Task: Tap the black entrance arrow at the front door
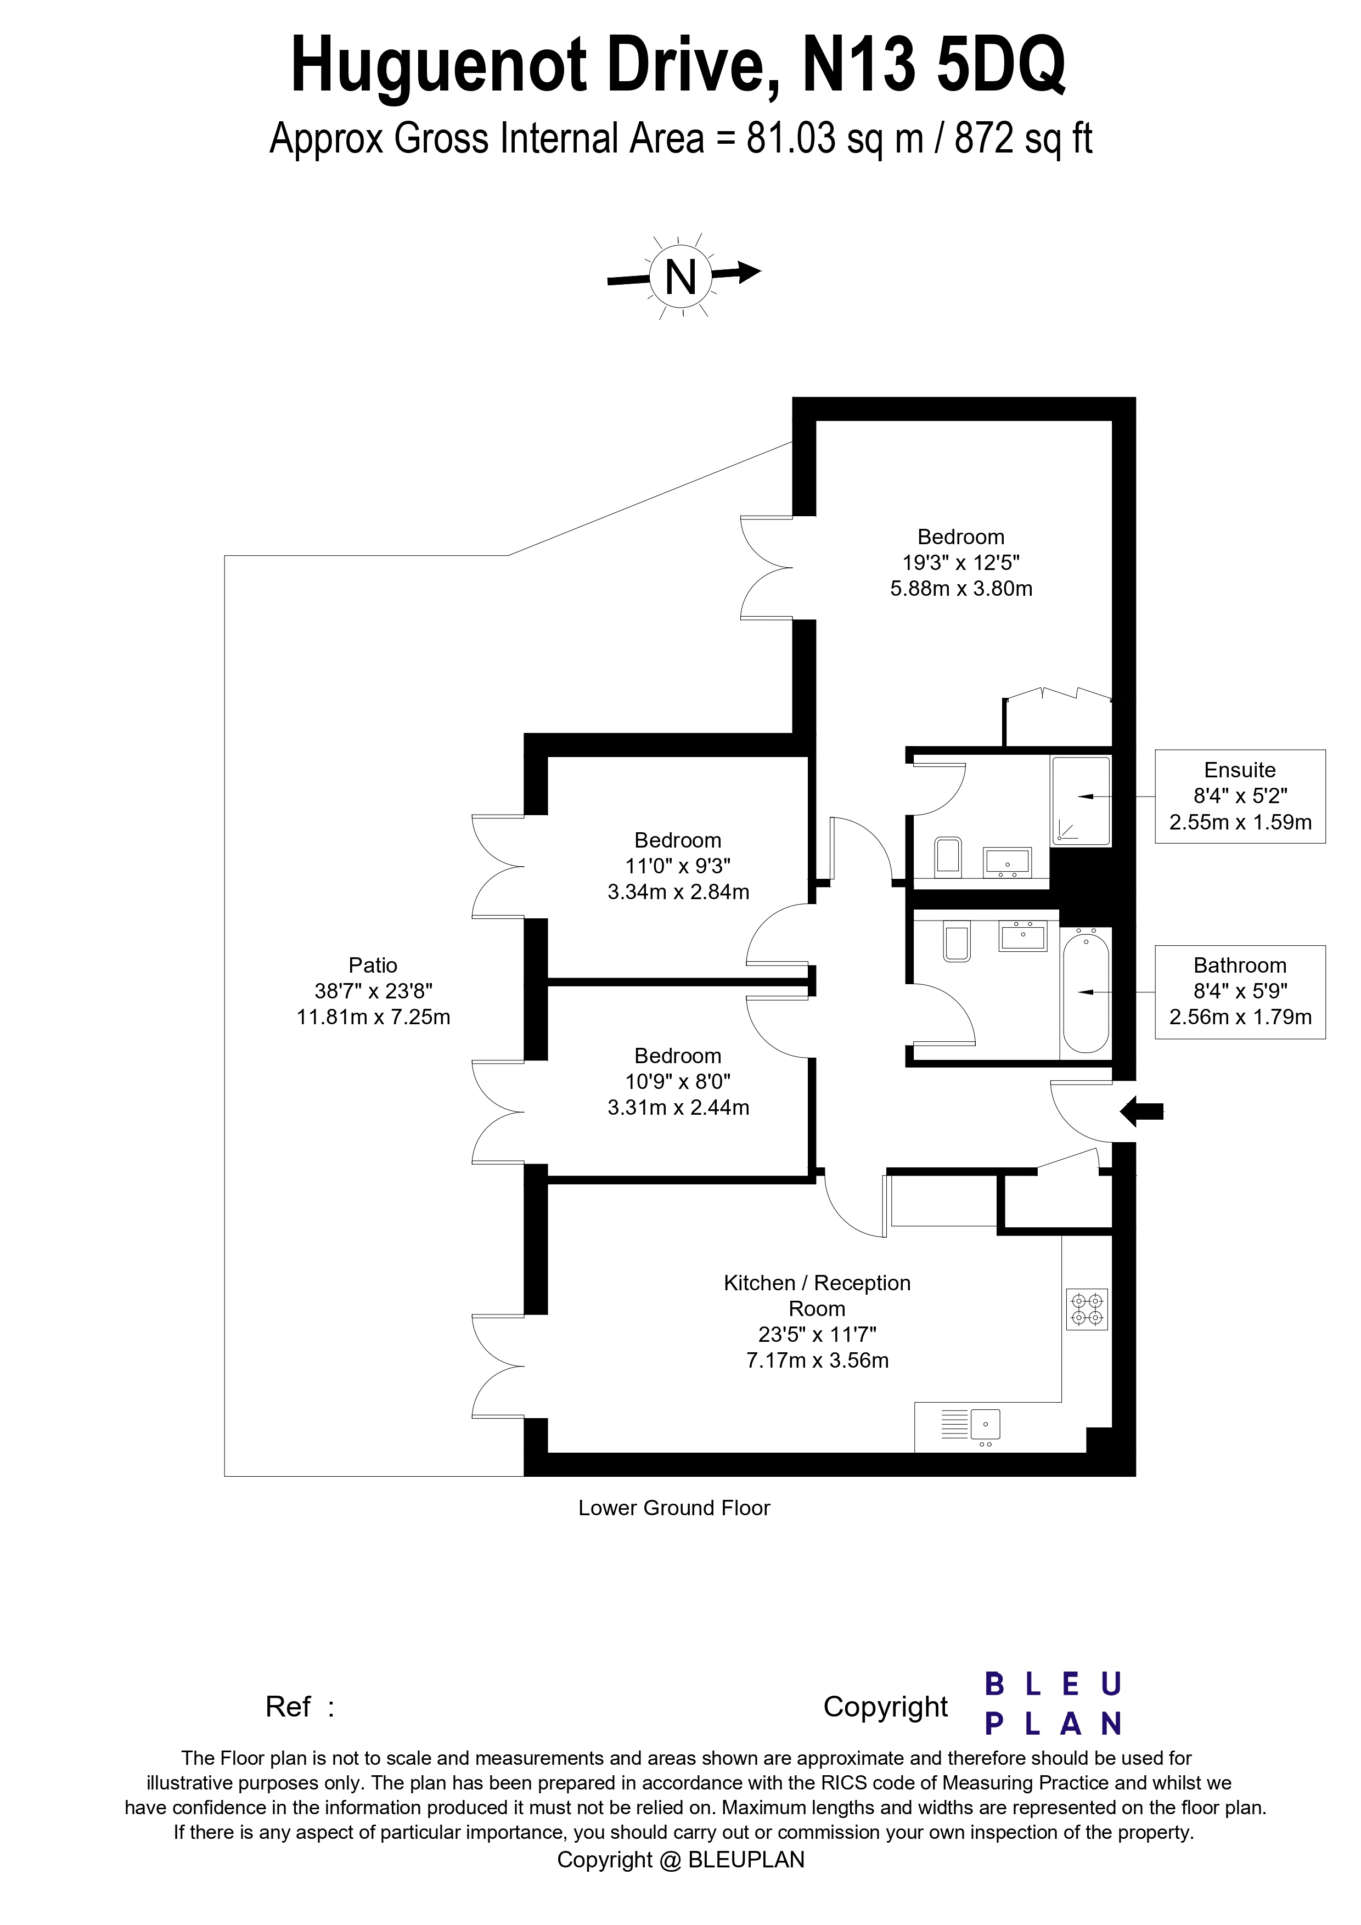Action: point(1141,1112)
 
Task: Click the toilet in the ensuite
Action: point(948,856)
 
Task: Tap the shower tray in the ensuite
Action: point(1082,801)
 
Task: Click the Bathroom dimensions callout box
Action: point(1239,992)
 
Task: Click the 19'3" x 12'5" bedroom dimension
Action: point(960,562)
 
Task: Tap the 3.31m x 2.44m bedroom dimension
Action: point(678,1108)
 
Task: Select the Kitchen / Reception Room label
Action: point(817,1295)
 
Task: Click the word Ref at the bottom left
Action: point(288,1707)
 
